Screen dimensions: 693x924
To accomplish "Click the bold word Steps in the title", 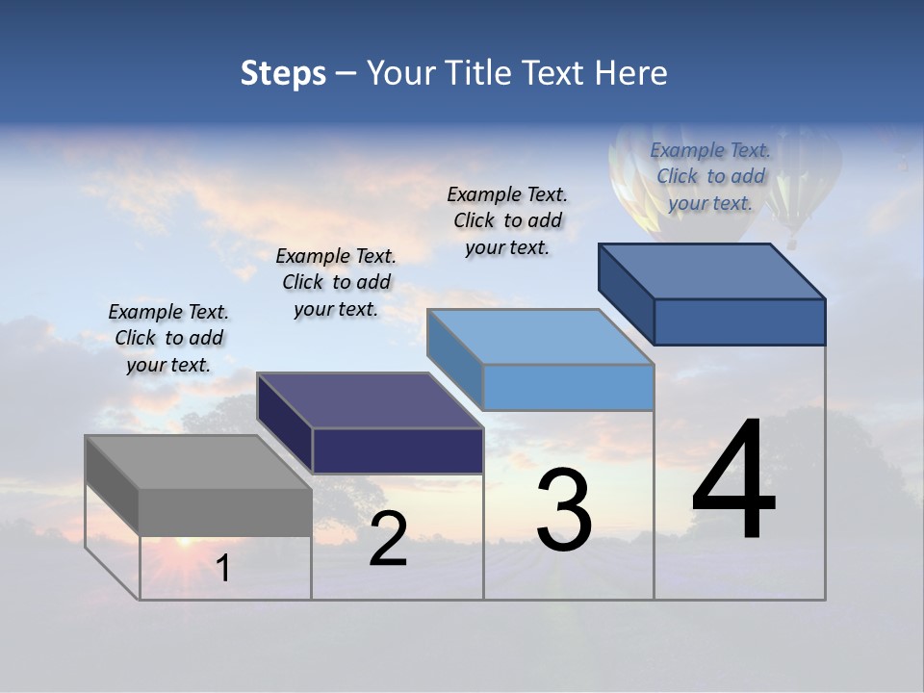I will point(283,73).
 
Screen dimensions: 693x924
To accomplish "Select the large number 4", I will point(733,481).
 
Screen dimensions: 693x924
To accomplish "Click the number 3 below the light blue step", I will point(564,510).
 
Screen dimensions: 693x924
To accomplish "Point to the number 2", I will point(388,539).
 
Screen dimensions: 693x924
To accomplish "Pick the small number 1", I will point(223,568).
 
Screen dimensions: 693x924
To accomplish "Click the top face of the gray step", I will point(197,462).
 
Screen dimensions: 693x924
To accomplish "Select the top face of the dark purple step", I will point(370,400).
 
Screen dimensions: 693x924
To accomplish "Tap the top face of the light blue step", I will point(540,337).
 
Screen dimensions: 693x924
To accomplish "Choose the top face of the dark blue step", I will point(712,271).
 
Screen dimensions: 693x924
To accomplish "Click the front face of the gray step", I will point(225,512).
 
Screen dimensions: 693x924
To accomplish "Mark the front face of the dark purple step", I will point(398,450).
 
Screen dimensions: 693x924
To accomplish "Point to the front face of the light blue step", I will point(568,387).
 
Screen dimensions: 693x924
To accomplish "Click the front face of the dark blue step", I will point(739,321).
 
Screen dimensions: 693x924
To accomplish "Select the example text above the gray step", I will point(168,338).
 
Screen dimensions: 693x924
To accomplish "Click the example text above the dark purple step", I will point(336,282).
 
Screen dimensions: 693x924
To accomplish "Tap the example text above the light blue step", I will point(507,220).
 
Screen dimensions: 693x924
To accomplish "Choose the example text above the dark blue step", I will point(710,176).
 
